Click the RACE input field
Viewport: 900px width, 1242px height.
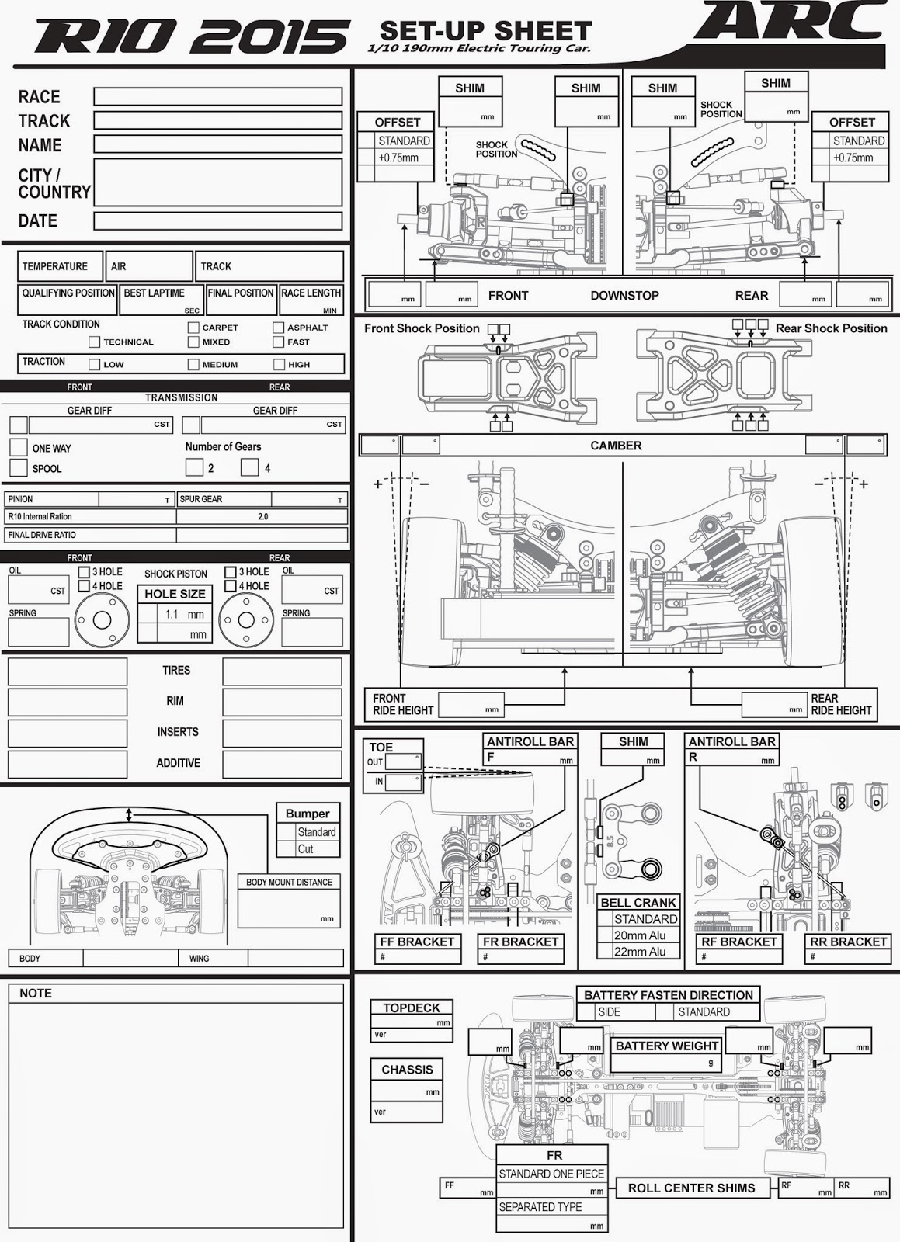(x=217, y=96)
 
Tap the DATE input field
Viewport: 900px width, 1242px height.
(x=217, y=221)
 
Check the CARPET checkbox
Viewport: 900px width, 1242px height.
(x=194, y=328)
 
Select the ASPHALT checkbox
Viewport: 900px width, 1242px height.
(x=279, y=328)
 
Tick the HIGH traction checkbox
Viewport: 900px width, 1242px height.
(x=279, y=364)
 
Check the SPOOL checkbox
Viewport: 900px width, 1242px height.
(x=19, y=467)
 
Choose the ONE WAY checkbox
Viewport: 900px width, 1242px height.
(x=19, y=447)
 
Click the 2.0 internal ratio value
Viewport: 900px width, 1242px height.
(x=262, y=516)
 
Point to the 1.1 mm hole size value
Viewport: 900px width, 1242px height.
(x=184, y=614)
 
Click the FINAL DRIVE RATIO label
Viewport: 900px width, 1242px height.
(x=42, y=535)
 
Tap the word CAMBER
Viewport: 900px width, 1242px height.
(x=616, y=446)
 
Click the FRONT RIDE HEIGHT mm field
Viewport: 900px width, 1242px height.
(x=470, y=705)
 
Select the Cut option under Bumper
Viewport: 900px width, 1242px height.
(x=306, y=849)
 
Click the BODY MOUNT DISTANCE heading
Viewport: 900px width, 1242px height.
(x=289, y=883)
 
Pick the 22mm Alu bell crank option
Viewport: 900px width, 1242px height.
(x=639, y=952)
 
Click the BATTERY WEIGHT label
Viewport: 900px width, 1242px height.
(x=666, y=1046)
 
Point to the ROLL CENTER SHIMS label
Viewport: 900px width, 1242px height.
(x=691, y=1188)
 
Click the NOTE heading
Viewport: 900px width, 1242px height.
(x=36, y=994)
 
